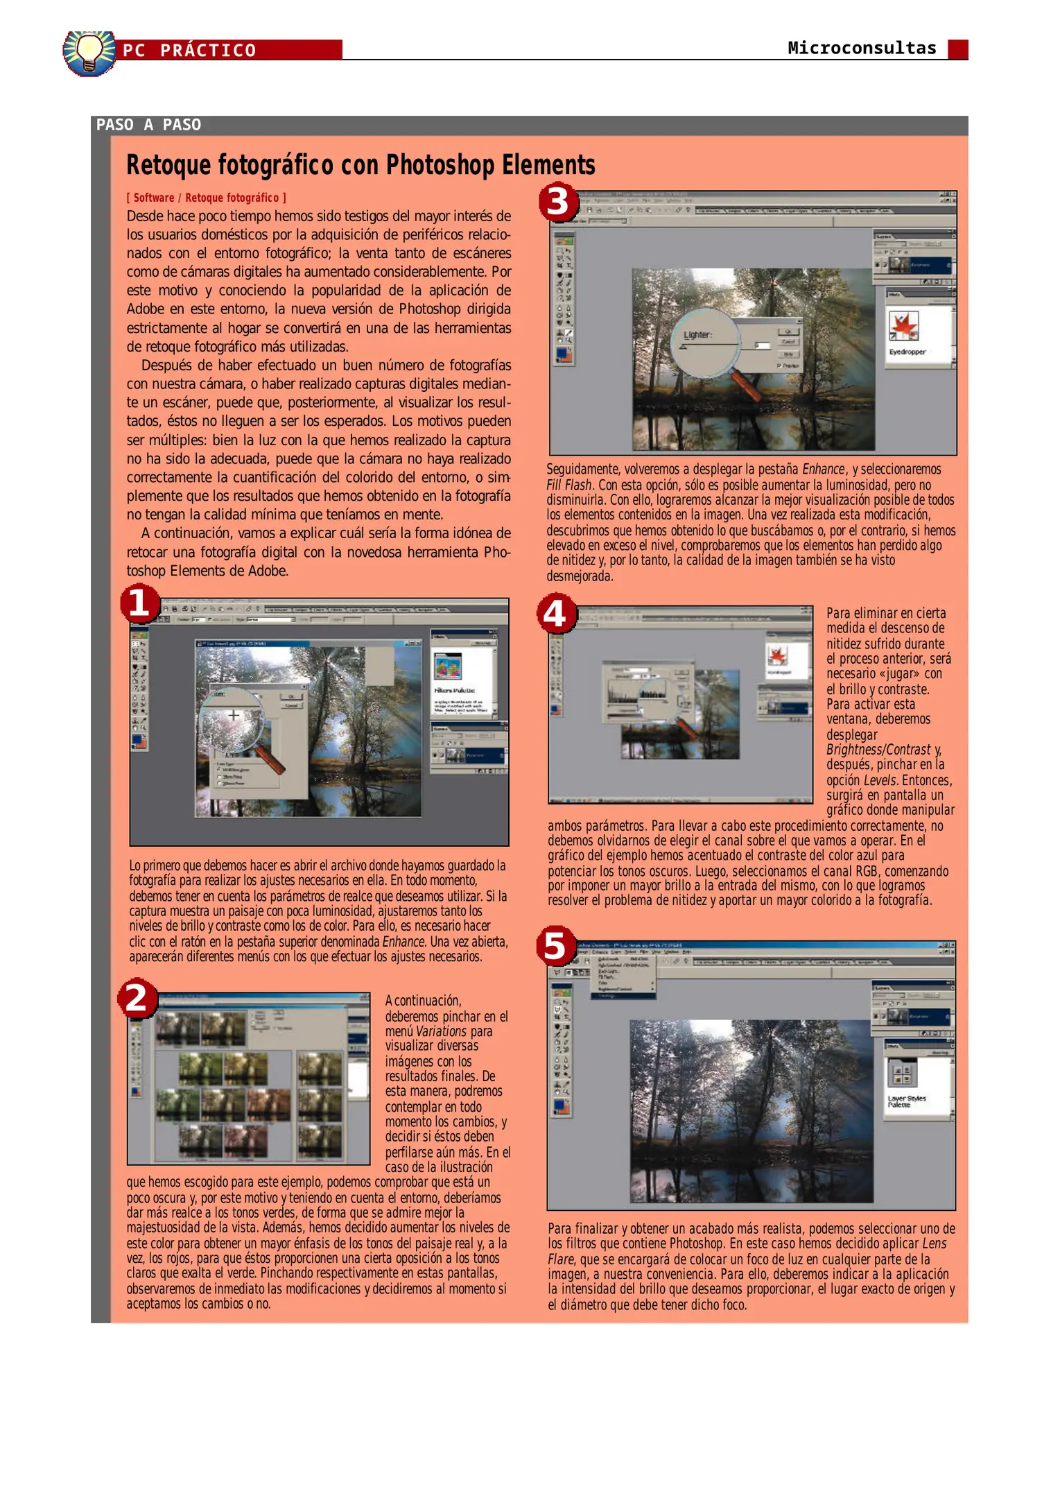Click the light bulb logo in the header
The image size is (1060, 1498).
89,53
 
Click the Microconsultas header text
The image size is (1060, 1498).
861,48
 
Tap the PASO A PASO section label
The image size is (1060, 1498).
148,125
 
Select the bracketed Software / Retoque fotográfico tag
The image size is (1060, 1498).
206,198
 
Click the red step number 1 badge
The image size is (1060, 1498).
139,603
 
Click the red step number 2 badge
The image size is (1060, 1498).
137,998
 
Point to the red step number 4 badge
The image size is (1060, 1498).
555,614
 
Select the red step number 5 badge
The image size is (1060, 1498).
556,946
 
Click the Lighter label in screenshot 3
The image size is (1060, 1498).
697,335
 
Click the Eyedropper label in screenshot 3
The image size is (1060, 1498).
907,352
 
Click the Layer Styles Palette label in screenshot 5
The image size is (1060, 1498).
906,1101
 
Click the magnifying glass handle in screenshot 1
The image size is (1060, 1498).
270,759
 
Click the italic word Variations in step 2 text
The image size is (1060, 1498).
441,1031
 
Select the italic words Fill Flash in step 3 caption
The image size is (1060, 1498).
568,485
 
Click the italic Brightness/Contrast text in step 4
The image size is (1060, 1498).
878,750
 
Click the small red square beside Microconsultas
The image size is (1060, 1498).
957,49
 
